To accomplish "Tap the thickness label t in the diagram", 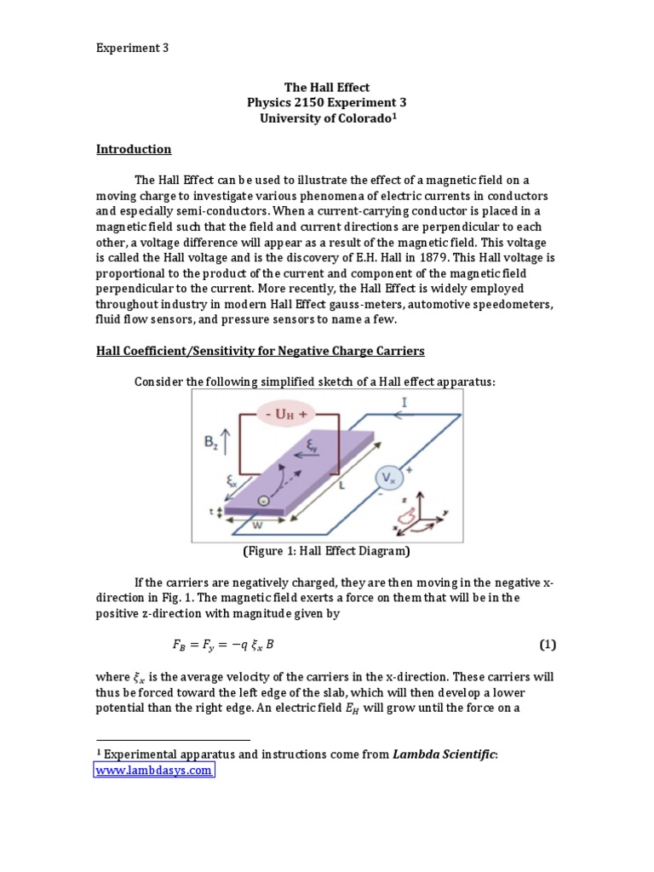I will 210,512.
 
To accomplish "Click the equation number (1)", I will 547,645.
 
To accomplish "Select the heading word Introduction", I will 134,149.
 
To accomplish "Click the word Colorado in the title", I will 360,119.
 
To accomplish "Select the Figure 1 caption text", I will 327,551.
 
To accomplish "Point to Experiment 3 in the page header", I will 132,49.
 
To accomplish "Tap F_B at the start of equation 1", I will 168,645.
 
